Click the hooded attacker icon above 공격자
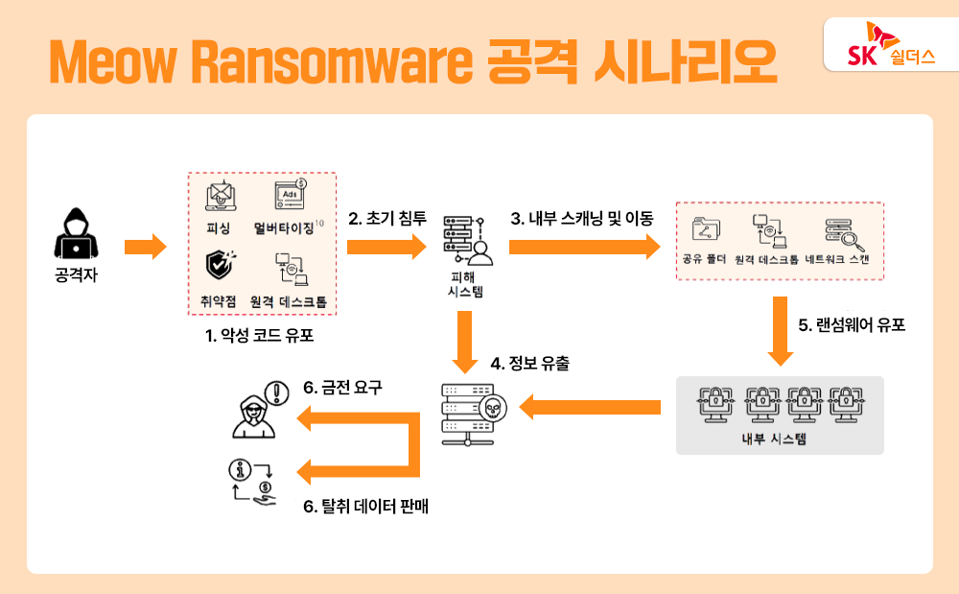pyautogui.click(x=75, y=236)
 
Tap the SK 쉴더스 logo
pyautogui.click(x=878, y=45)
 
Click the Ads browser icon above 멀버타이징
pyautogui.click(x=291, y=195)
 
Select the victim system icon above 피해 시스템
pyautogui.click(x=465, y=240)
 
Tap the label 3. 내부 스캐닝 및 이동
pyautogui.click(x=581, y=219)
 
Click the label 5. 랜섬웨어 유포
pyautogui.click(x=853, y=324)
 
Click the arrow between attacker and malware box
pyautogui.click(x=145, y=248)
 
